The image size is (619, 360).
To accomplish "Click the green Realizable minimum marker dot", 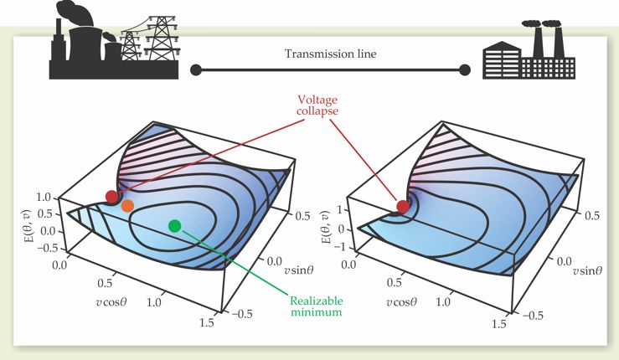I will (x=174, y=224).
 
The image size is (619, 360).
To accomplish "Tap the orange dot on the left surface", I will (x=127, y=205).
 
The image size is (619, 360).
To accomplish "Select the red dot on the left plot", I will (x=112, y=197).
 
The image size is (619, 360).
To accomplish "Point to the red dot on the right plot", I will (x=403, y=206).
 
